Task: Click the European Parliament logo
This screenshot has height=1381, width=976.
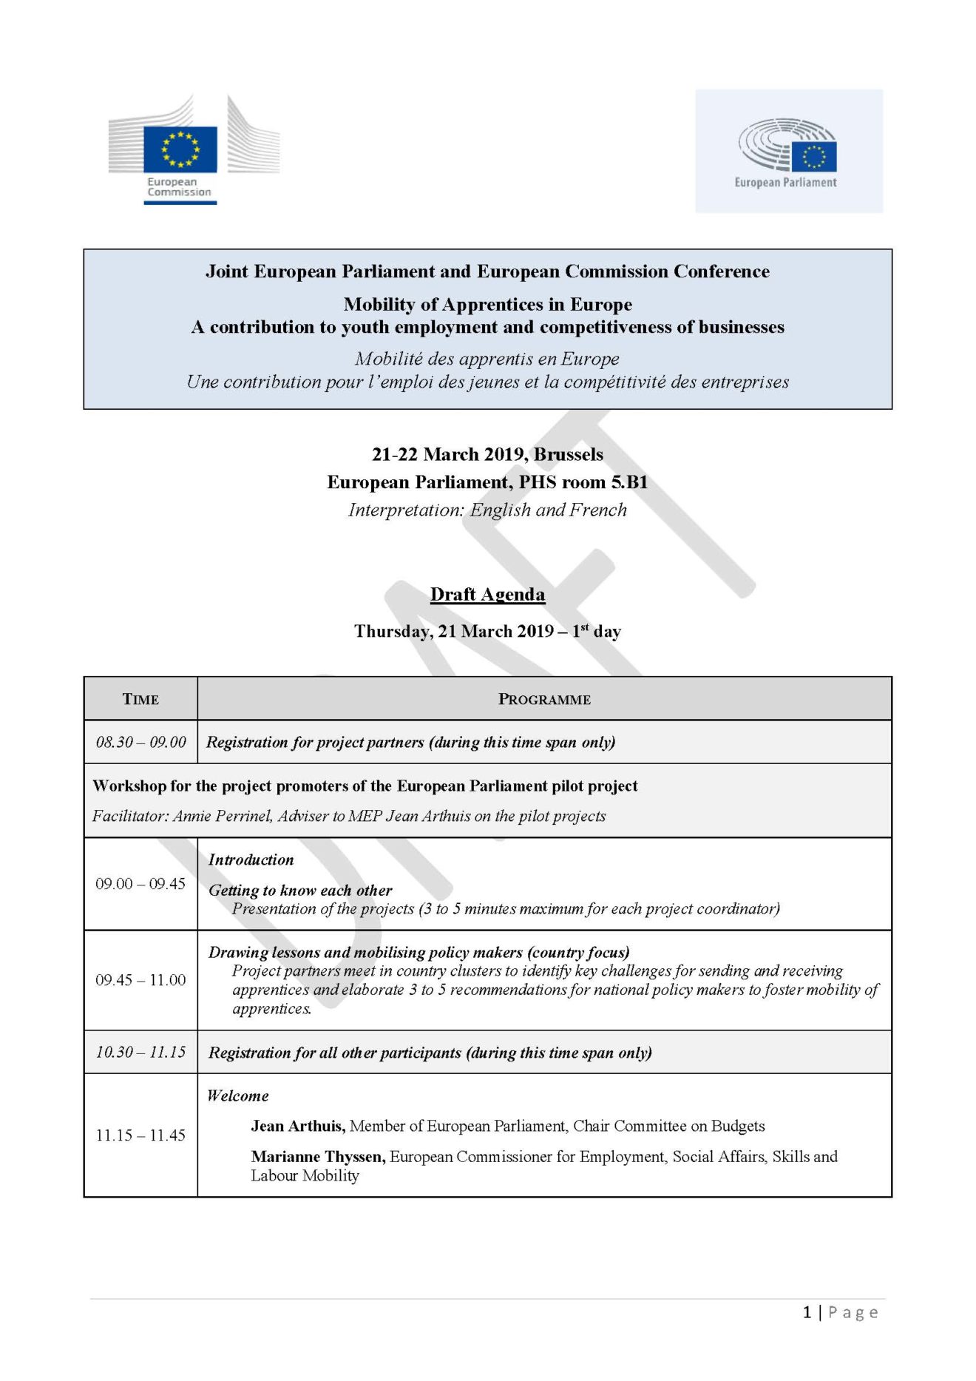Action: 788,152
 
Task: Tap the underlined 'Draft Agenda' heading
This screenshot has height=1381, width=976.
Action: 487,595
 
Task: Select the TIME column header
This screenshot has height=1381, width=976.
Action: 140,699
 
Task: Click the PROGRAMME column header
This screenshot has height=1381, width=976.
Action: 544,699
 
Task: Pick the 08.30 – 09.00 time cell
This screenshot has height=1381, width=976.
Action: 140,742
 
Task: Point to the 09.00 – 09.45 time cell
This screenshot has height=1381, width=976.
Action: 140,884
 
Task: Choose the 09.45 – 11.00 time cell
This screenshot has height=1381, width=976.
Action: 140,980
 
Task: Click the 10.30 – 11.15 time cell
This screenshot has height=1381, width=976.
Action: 140,1052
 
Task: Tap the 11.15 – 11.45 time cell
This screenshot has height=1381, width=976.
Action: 140,1135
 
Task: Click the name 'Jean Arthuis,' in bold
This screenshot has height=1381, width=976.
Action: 298,1126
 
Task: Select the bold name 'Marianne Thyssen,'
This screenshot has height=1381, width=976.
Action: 318,1156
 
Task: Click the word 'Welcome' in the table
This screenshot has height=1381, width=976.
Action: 238,1095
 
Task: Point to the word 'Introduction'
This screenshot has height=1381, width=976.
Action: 251,860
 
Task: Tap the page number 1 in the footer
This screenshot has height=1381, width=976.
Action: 807,1312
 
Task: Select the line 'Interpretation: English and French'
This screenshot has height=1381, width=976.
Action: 487,510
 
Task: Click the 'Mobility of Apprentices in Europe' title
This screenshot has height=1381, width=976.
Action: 487,304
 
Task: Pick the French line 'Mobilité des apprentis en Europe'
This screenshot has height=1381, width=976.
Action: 487,359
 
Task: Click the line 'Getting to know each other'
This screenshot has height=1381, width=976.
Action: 300,890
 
